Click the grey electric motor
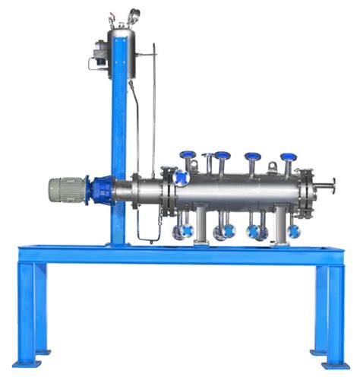point(68,189)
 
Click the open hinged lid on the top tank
point(134,15)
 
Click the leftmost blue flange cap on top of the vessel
point(188,156)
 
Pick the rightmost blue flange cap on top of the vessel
point(287,157)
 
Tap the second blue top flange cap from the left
point(222,156)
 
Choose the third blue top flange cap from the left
point(253,157)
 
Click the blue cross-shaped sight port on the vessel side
point(182,179)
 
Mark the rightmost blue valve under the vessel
point(293,231)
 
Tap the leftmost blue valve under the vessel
point(180,231)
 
